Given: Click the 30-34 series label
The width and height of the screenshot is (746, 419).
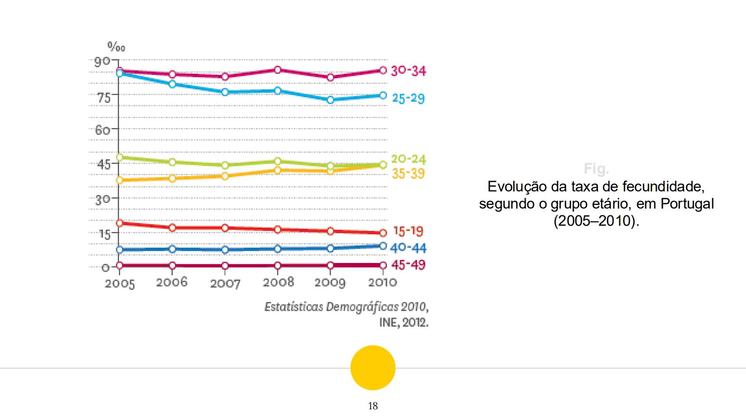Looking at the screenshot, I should coord(408,71).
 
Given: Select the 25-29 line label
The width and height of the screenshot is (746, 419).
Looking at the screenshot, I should coord(408,98).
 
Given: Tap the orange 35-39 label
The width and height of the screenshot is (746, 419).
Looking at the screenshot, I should coord(408,173).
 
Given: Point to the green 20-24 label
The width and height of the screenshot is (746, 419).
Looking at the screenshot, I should coord(408,159).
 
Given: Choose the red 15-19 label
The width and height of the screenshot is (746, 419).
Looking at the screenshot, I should coord(408,231).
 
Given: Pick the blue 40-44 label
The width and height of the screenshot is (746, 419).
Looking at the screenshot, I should coord(408,248).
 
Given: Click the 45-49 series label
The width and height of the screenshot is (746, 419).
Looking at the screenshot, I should coord(408,265).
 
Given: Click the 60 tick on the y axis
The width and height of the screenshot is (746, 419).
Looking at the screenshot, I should coord(103,130).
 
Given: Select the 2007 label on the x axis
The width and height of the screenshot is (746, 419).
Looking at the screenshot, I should coord(225,284).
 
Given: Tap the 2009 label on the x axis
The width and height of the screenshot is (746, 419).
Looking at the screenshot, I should coord(330,282).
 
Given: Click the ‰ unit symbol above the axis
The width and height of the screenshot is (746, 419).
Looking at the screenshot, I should coord(116,48).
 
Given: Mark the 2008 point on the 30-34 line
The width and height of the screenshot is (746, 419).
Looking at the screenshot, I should coord(277,70).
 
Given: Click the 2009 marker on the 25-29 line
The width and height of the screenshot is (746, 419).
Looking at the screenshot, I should coord(330,100).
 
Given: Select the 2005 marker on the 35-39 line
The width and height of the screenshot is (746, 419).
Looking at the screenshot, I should coord(119,180).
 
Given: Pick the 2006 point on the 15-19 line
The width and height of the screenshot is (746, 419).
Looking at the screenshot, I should coord(172,228).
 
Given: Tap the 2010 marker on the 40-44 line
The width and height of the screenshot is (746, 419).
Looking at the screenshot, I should coord(383,246).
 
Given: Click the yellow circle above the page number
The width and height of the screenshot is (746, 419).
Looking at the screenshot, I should coord(373,367).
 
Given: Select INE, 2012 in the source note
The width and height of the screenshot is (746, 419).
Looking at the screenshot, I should coord(403,322).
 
